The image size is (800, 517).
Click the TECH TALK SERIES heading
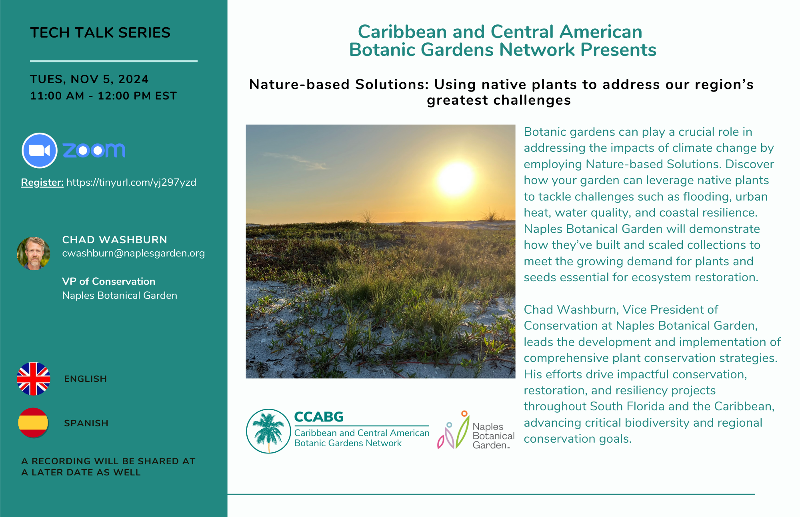point(100,33)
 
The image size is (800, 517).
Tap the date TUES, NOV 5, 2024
point(89,79)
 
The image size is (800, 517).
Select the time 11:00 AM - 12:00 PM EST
point(103,96)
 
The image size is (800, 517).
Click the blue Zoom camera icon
point(40,150)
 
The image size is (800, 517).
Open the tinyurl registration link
point(131,183)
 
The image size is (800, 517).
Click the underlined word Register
point(42,183)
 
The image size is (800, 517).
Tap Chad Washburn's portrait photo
point(34,253)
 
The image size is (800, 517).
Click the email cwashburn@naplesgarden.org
point(133,253)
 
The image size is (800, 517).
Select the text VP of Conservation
point(108,281)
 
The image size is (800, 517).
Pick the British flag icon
point(34,379)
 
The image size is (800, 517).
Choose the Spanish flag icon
point(33,423)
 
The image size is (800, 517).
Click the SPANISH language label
point(86,423)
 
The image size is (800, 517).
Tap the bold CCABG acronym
point(319,417)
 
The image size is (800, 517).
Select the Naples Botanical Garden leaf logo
point(454,430)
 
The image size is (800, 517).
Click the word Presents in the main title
point(618,50)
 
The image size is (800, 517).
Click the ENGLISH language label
point(85,379)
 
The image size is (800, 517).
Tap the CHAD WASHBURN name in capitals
point(115,240)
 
